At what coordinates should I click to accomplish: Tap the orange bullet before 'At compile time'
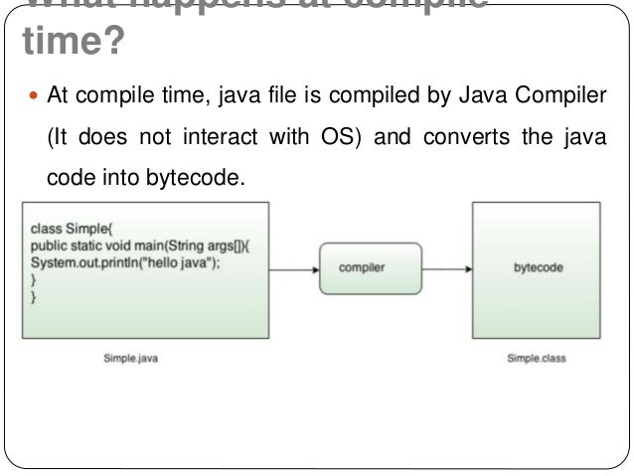pos(35,97)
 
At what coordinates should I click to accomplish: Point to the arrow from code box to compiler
pos(292,268)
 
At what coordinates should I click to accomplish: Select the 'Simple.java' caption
pos(131,359)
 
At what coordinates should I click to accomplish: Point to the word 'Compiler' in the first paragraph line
pos(570,97)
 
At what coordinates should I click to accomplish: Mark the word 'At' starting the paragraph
pos(57,97)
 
